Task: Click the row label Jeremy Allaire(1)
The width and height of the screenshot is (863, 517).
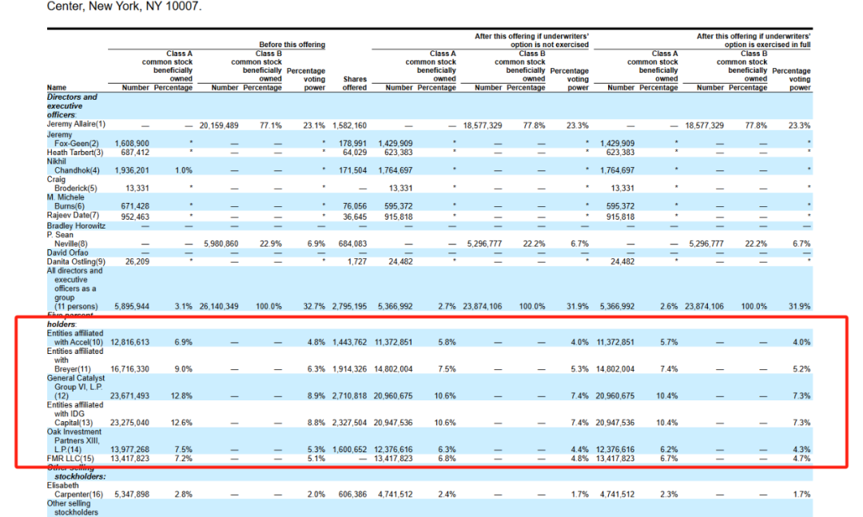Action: (x=76, y=125)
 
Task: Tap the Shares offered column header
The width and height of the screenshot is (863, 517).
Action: (x=355, y=83)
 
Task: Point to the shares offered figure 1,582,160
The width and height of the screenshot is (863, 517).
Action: (x=349, y=125)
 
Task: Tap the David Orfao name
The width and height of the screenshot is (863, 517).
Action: (x=66, y=252)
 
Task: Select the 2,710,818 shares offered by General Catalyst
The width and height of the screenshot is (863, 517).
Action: (x=349, y=396)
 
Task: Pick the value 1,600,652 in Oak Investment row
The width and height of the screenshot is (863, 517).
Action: (x=349, y=450)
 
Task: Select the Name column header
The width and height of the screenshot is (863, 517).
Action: (x=57, y=88)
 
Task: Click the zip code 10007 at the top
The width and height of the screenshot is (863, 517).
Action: (x=183, y=6)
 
